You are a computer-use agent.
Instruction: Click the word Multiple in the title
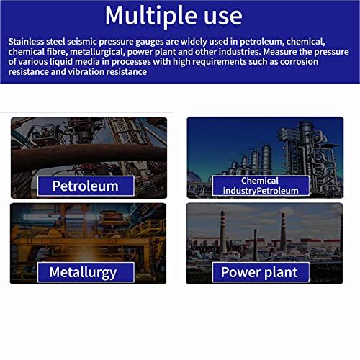pyautogui.click(x=150, y=17)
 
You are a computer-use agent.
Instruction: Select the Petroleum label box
pyautogui.click(x=86, y=186)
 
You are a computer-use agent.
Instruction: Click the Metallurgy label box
pyautogui.click(x=86, y=272)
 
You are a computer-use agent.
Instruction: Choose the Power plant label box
pyautogui.click(x=261, y=272)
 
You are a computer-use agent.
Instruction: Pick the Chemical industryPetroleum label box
pyautogui.click(x=261, y=186)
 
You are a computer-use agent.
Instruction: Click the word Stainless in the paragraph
pyautogui.click(x=26, y=42)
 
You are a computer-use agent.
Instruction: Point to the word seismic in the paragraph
pyautogui.click(x=82, y=42)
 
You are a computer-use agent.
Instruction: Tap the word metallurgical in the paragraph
pyautogui.click(x=96, y=52)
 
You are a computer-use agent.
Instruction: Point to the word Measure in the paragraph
pyautogui.click(x=279, y=52)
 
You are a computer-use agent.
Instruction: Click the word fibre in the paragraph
pyautogui.click(x=57, y=52)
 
